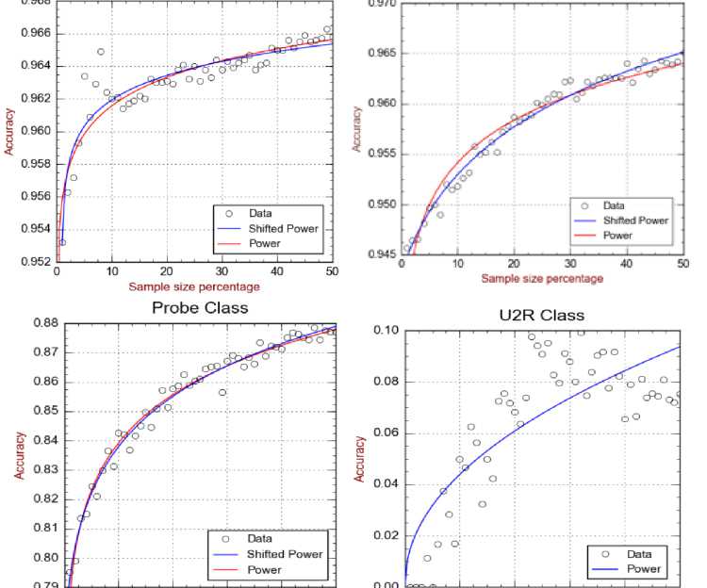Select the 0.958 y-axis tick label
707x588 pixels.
tap(34, 164)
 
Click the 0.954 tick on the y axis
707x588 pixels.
tap(34, 229)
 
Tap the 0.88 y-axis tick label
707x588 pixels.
tap(42, 323)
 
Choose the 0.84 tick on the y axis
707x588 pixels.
tap(42, 440)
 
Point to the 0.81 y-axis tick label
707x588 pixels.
tap(42, 528)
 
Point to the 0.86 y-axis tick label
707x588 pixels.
tap(42, 382)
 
